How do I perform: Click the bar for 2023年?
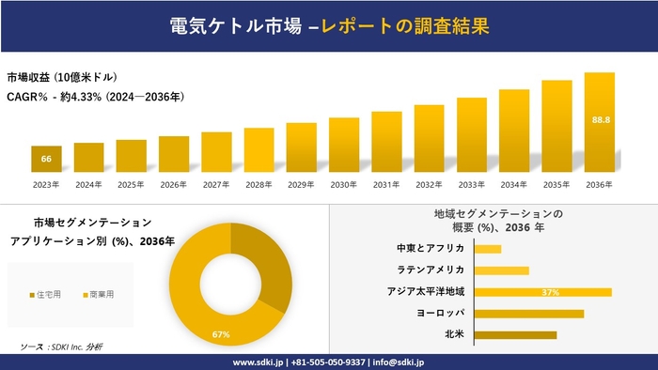click(x=46, y=159)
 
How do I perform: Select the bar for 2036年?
click(x=599, y=122)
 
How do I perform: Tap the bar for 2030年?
click(x=344, y=145)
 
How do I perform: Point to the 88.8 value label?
click(x=599, y=120)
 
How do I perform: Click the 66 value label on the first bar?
click(x=46, y=160)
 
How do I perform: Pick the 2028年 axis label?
click(x=258, y=184)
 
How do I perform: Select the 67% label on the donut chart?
click(x=222, y=334)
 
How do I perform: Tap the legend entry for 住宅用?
click(x=47, y=295)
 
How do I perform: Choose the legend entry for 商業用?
click(x=97, y=295)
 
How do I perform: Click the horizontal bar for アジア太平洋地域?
click(x=542, y=292)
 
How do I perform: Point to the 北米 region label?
click(x=454, y=334)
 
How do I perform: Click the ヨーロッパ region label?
click(x=441, y=313)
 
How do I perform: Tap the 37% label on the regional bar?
click(x=551, y=292)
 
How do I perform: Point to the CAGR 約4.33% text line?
click(x=95, y=96)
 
